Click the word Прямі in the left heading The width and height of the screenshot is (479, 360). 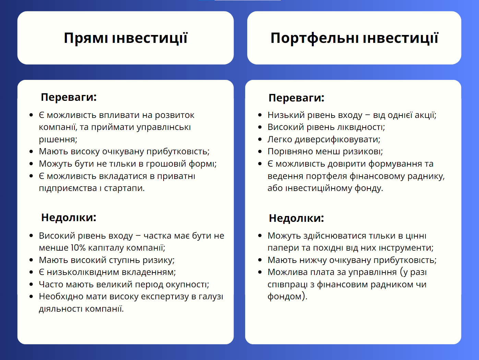tap(86, 38)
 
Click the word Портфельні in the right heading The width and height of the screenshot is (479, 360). tap(314, 38)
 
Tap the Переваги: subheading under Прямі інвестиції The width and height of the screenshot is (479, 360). tap(69, 97)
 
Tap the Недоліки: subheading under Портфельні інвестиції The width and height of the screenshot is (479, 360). tap(296, 218)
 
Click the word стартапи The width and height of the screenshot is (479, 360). tap(124, 188)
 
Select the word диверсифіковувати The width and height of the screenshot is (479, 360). tap(337, 140)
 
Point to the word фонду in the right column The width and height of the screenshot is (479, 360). tap(369, 188)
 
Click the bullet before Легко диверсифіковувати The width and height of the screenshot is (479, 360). tap(260, 139)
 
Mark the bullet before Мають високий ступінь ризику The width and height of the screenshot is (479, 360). tap(31, 260)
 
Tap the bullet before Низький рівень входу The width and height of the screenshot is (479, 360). tap(260, 115)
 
